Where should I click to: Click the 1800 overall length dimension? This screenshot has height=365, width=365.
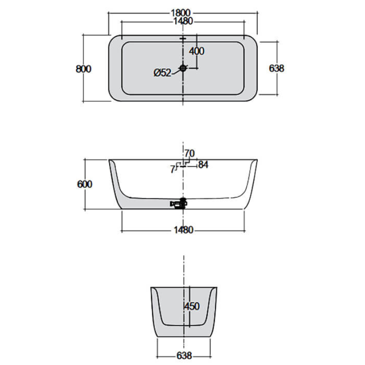(182, 13)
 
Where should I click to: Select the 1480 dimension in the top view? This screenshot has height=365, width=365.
(182, 21)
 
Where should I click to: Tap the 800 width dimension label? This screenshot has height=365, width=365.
(83, 68)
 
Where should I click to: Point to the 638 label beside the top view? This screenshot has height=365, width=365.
(276, 68)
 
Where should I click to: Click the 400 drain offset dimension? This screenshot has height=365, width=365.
(196, 51)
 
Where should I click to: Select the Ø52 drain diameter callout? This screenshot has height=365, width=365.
(162, 73)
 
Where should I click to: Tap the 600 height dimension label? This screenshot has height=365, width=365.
(84, 184)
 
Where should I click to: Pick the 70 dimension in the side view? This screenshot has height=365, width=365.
(189, 153)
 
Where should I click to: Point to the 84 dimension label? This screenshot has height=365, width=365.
(203, 165)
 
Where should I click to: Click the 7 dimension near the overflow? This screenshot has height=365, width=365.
(172, 169)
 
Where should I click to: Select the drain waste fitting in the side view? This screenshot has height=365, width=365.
(178, 203)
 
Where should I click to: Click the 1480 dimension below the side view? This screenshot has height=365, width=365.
(182, 229)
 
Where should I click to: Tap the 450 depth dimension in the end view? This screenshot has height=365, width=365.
(192, 306)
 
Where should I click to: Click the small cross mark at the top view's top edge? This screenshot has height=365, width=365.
(183, 40)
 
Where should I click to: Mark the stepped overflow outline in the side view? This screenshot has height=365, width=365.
(187, 163)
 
